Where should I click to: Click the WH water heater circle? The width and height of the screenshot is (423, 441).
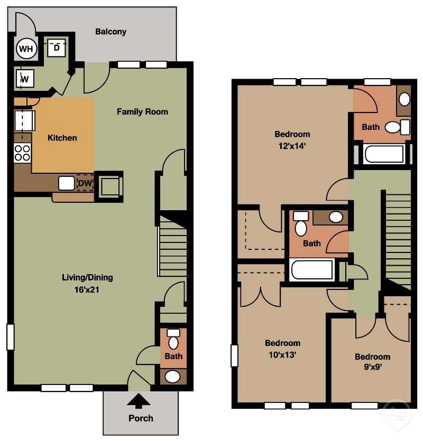(25, 50)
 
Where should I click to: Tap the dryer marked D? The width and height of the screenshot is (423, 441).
(56, 48)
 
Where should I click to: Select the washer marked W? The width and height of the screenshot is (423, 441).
(24, 79)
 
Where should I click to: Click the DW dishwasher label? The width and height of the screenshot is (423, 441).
(85, 184)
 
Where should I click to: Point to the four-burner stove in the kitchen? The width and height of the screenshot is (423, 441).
(22, 153)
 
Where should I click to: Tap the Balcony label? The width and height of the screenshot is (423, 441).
(111, 32)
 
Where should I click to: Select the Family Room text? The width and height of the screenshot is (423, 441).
(142, 111)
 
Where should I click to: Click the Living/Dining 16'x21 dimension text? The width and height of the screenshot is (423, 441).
(87, 289)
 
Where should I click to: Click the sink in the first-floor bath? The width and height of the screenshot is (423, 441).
(172, 377)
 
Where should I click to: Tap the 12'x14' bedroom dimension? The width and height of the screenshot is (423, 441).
(292, 147)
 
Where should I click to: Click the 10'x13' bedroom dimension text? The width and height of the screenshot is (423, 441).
(282, 354)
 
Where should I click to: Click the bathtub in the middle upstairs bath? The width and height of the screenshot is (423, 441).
(312, 270)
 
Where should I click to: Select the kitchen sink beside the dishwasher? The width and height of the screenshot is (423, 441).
(66, 183)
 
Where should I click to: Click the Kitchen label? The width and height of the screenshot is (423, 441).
(62, 138)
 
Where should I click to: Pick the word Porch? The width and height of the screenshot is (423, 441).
(141, 418)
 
